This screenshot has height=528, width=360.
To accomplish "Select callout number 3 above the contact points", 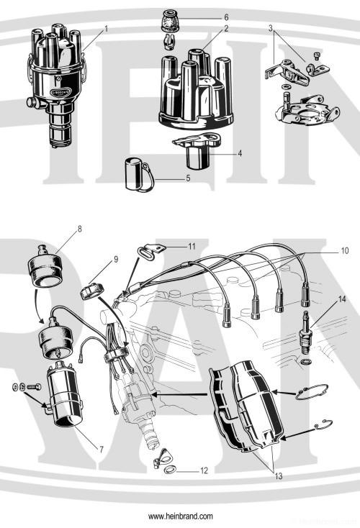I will point(270,28).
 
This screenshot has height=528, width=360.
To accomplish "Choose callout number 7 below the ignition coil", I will point(101,449).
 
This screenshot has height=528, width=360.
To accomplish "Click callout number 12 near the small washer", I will point(204,470).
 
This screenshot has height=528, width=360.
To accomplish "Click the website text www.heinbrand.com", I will point(180,516).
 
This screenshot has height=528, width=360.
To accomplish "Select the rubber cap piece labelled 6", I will point(171,19).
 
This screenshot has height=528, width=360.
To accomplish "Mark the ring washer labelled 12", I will point(169,470).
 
